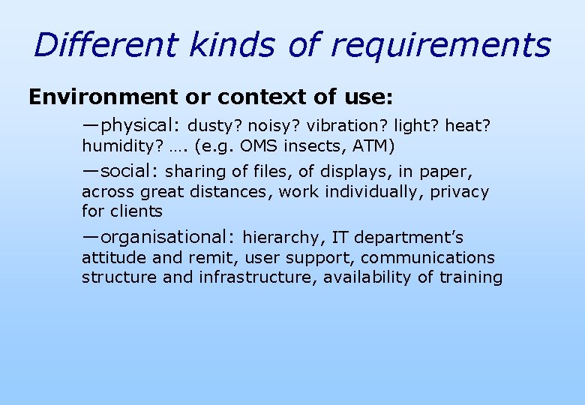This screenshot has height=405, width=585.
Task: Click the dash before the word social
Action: [91, 172]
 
